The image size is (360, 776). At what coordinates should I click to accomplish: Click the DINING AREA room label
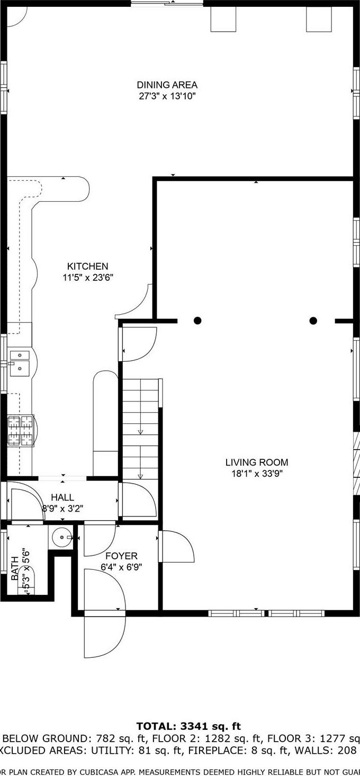coord(167,85)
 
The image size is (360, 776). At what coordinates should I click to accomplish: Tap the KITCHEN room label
coord(87,266)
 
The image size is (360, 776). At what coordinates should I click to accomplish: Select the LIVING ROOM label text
coord(257,462)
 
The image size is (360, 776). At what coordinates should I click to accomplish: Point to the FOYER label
coord(121,556)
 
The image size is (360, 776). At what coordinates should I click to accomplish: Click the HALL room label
coord(62,497)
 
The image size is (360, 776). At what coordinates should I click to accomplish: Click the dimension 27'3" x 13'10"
coord(167,96)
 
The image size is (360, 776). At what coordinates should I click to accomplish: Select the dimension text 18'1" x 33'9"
coord(257,474)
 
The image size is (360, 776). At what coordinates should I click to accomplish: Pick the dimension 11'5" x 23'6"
coord(87,277)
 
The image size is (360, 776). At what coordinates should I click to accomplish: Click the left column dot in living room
coord(197,320)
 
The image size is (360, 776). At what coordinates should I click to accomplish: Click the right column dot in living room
coord(313,320)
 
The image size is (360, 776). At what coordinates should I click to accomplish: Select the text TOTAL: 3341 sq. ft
coord(188,726)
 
